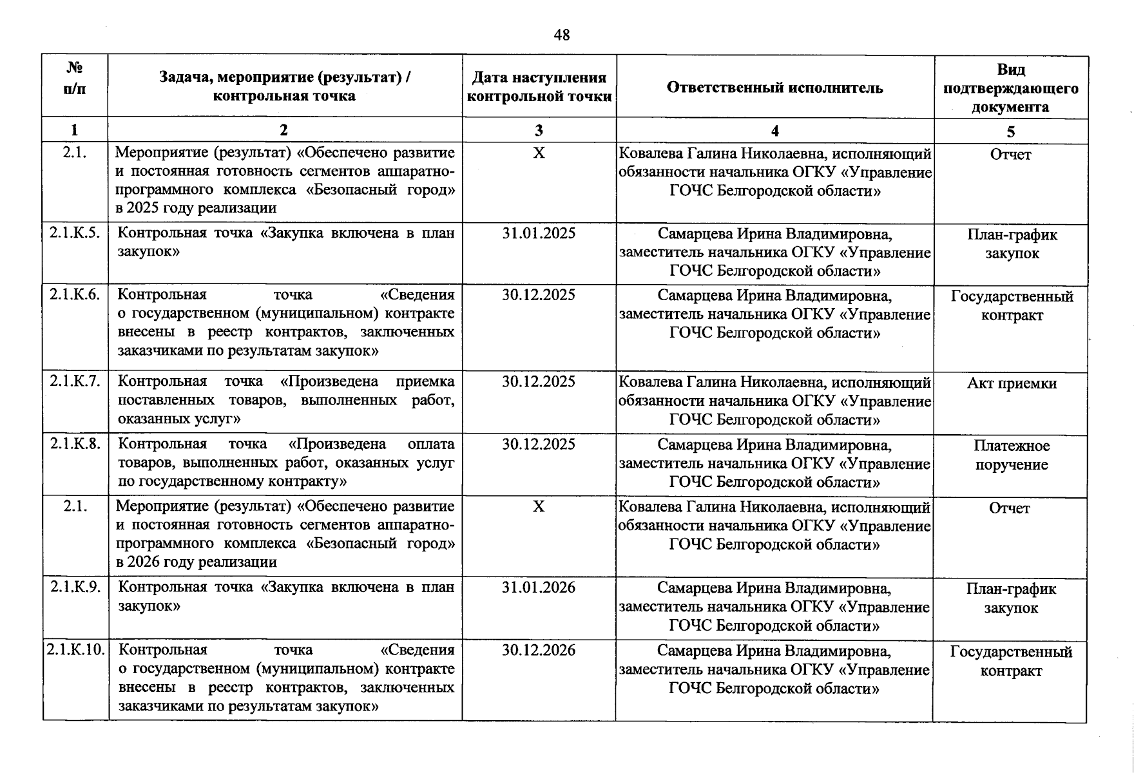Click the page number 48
(561, 35)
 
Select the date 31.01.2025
(539, 233)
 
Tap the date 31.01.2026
(539, 587)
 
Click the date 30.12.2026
(539, 650)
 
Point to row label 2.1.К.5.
(75, 233)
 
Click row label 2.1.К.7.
(75, 381)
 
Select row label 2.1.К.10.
(75, 649)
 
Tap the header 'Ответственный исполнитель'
(774, 88)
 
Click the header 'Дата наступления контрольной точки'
(539, 87)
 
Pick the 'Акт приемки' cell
(1012, 383)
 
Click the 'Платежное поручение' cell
(1012, 455)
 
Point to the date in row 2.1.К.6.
(539, 295)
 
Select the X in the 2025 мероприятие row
(539, 153)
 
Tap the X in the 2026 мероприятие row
(539, 507)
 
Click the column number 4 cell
(774, 131)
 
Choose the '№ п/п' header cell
(75, 79)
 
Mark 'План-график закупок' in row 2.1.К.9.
(1011, 598)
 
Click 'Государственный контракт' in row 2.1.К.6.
(1012, 306)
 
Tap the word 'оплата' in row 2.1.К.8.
(431, 444)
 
